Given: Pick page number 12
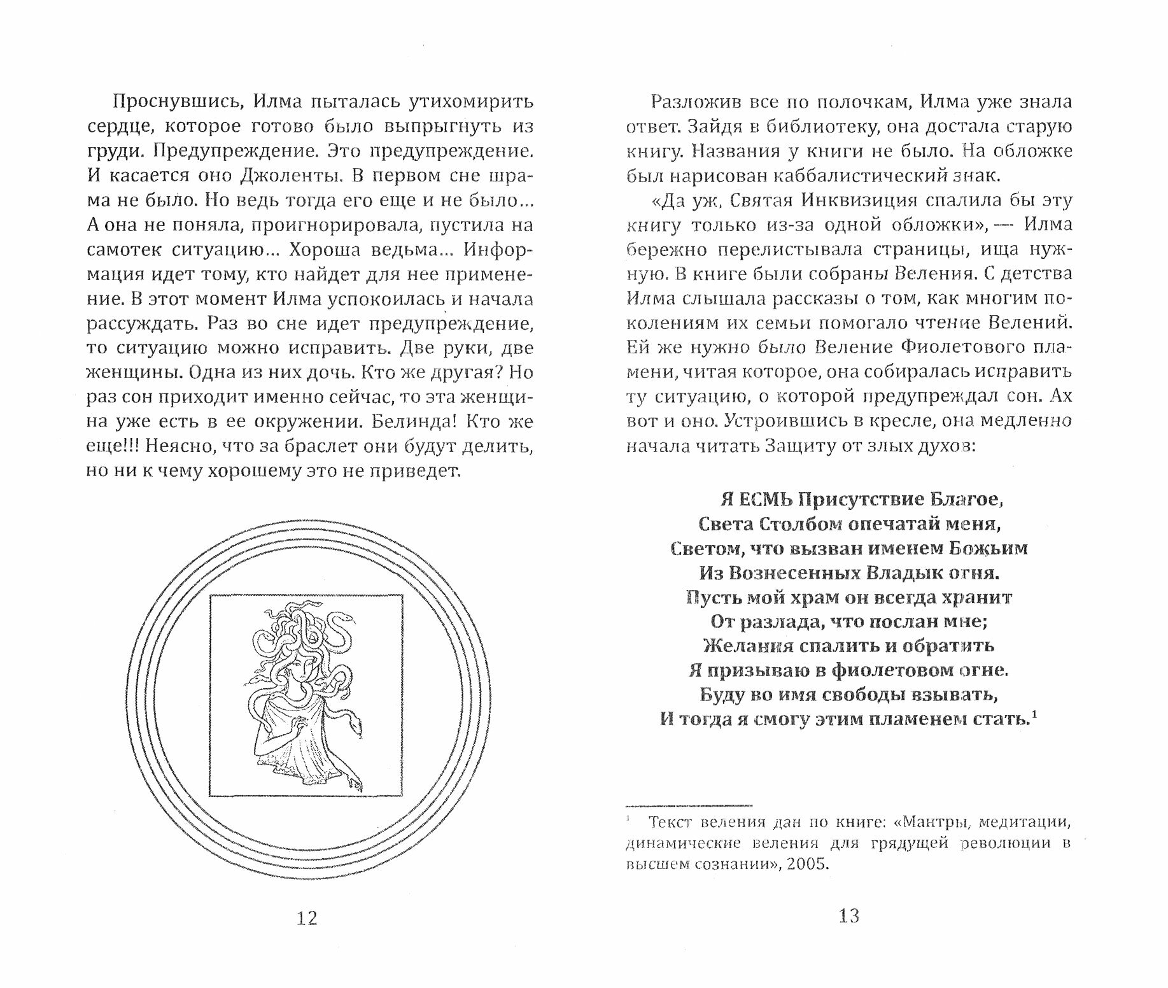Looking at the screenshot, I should coord(307,918).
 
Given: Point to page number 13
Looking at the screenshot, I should coord(849,917).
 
